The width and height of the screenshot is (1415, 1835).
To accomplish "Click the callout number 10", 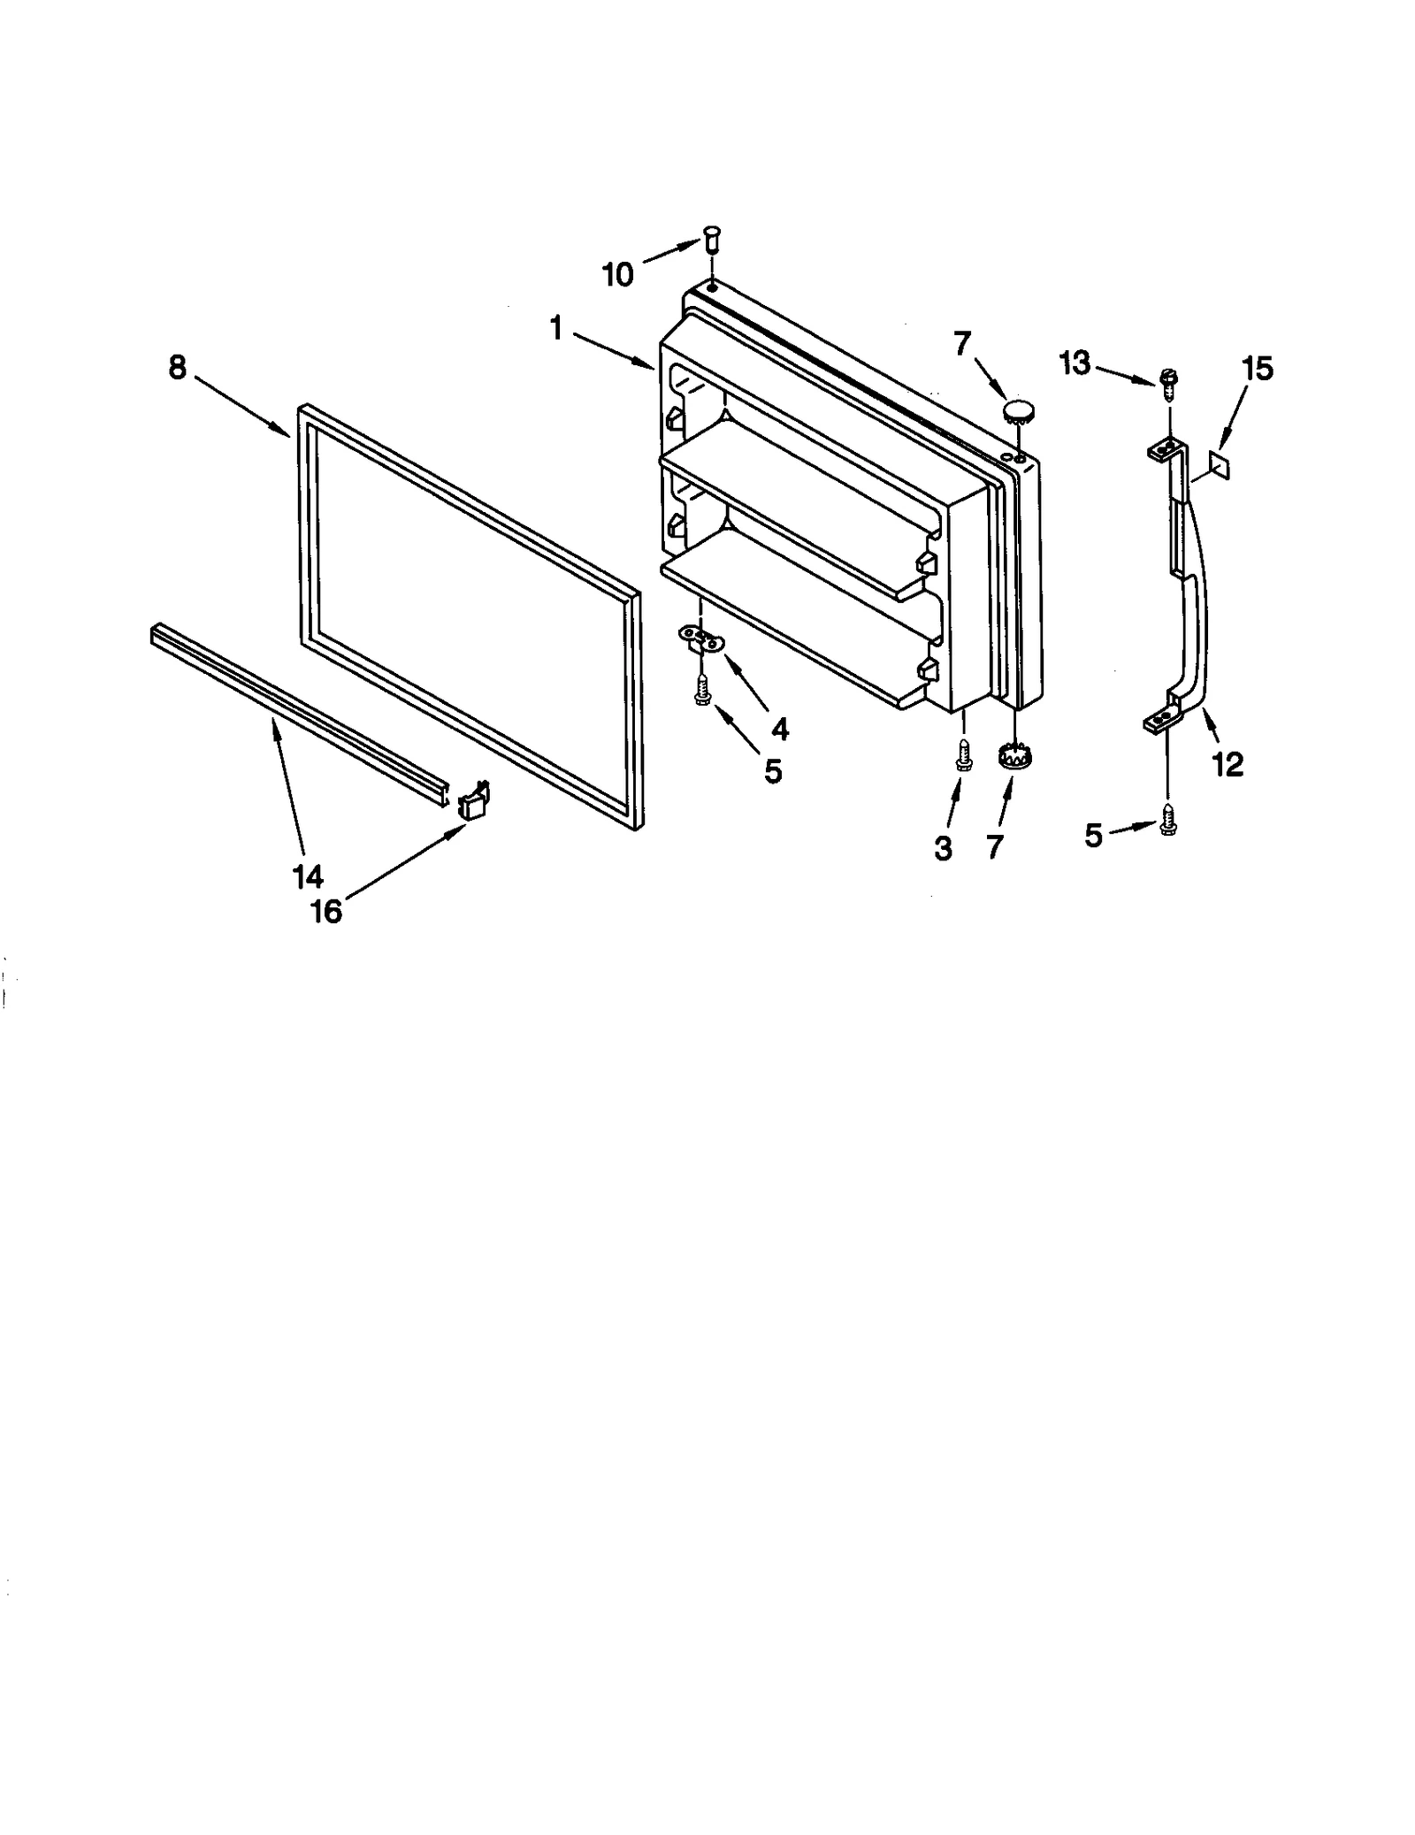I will point(618,275).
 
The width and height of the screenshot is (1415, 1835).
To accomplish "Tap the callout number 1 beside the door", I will point(556,329).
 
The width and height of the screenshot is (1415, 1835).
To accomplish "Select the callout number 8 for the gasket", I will point(178,368).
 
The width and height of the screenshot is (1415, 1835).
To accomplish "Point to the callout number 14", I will point(307,876).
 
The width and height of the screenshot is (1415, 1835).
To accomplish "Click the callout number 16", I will point(326,911).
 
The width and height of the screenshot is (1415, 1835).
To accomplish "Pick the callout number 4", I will point(779,729).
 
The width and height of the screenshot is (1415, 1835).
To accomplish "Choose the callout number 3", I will point(944,848).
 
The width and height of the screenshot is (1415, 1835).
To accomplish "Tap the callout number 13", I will point(1075,363).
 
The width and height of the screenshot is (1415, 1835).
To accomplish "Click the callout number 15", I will point(1258,368).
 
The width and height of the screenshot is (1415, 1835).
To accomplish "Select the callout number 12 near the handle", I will point(1228,764).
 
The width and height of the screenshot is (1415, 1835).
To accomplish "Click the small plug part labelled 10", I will point(712,238).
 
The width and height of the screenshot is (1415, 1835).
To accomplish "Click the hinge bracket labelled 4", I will point(702,639).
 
